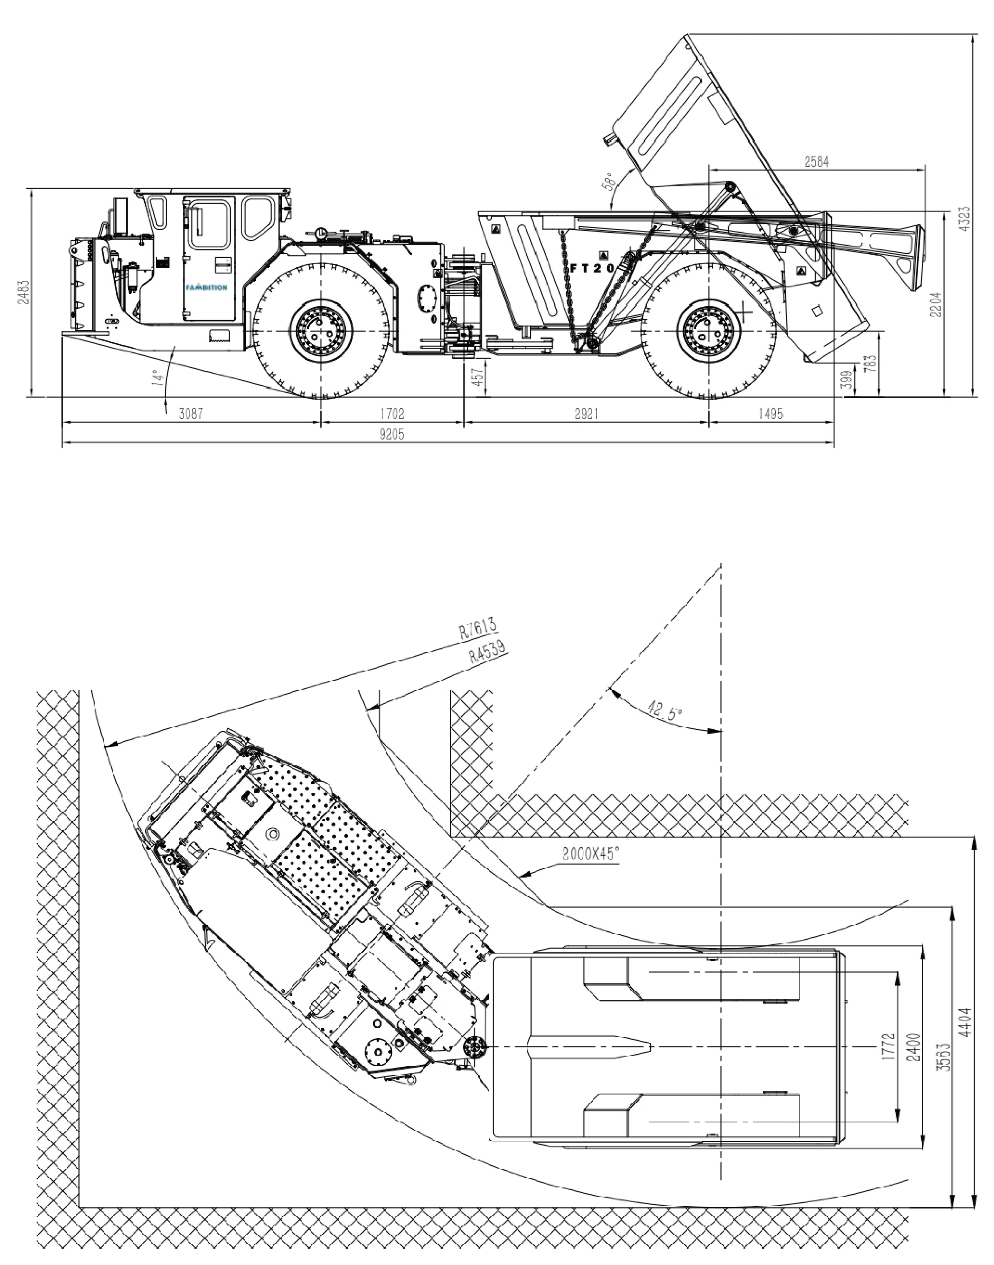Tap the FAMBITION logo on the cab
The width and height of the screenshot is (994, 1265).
[x=207, y=287]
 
